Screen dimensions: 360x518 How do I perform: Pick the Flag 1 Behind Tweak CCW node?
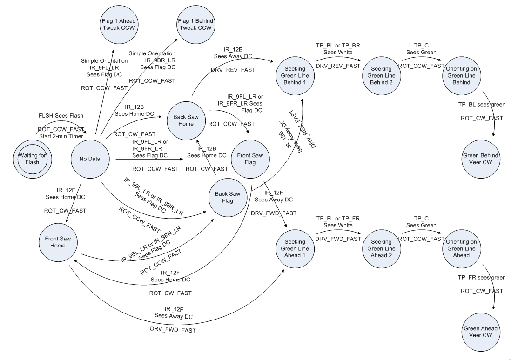click(x=195, y=24)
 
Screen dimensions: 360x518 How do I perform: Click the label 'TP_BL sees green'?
click(x=481, y=105)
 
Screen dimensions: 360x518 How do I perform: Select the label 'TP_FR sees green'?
click(x=481, y=278)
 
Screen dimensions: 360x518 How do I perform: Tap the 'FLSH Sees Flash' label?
click(x=61, y=115)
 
